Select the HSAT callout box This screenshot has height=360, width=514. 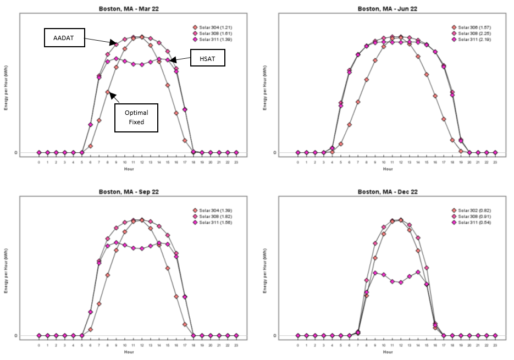point(208,58)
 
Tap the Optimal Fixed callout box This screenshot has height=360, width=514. point(136,117)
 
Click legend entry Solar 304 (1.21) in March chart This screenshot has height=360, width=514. point(215,27)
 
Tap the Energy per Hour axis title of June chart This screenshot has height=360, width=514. point(265,88)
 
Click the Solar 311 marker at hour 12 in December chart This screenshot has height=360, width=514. point(401,283)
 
